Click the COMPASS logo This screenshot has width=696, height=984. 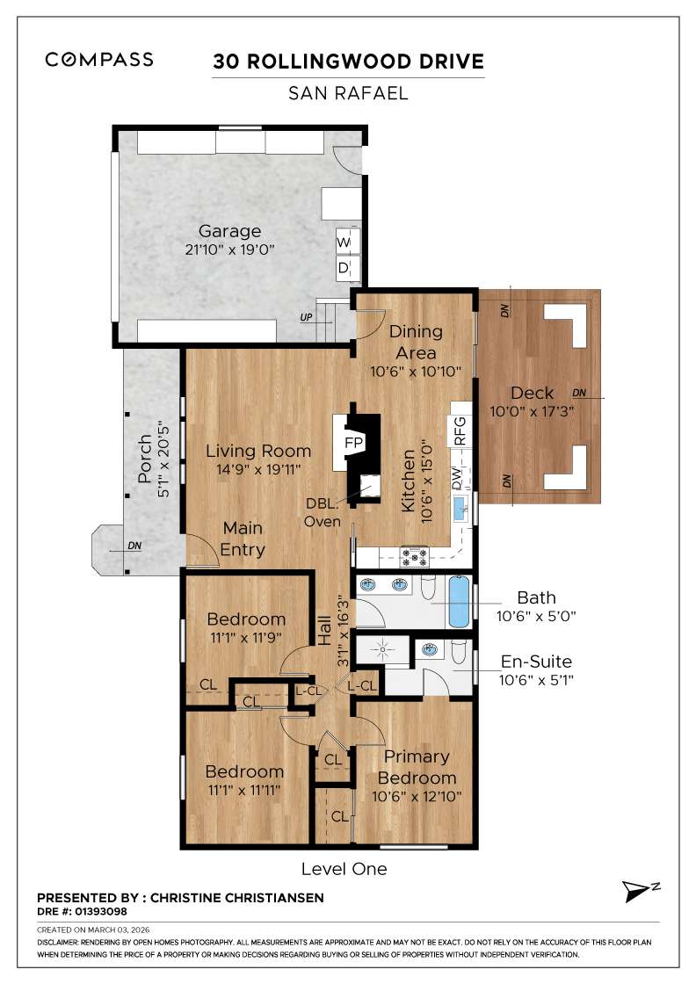(x=99, y=60)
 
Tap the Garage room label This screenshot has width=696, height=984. (x=229, y=231)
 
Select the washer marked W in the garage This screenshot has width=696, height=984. (x=344, y=242)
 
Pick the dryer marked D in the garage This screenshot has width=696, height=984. (x=344, y=267)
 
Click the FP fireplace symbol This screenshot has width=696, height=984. (x=353, y=441)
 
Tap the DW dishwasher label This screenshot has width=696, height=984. (x=457, y=479)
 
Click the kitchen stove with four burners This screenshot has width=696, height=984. (x=414, y=555)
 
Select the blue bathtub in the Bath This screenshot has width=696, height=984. (x=459, y=602)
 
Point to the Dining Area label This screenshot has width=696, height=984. (x=416, y=343)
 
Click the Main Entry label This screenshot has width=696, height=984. (x=243, y=539)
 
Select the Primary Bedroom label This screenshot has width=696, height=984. (x=417, y=767)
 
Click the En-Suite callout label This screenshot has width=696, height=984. (x=536, y=662)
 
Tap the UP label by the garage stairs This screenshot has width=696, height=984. (x=306, y=316)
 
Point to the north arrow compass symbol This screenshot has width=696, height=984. (x=635, y=891)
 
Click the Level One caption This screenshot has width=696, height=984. (x=344, y=869)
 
